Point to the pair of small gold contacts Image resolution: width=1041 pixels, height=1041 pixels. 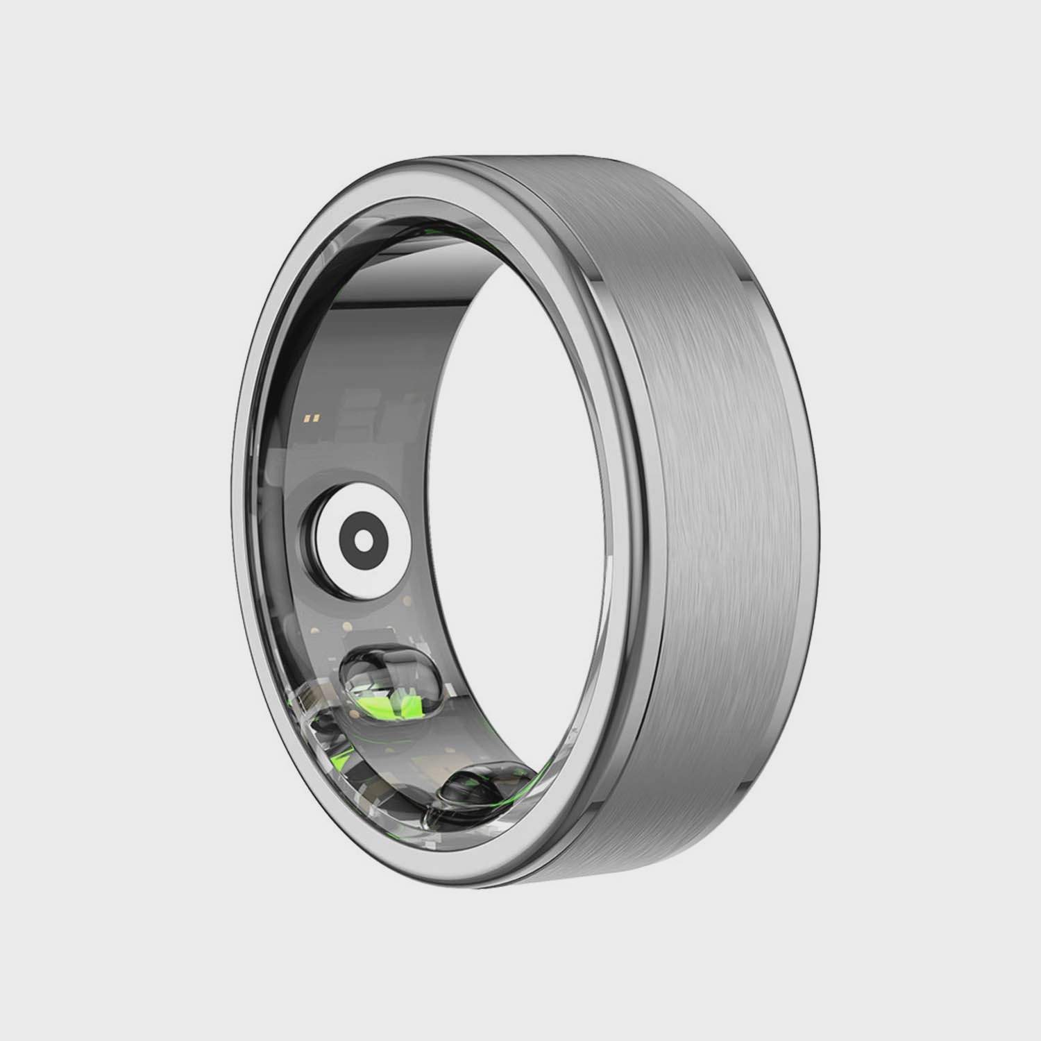[x=313, y=418]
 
